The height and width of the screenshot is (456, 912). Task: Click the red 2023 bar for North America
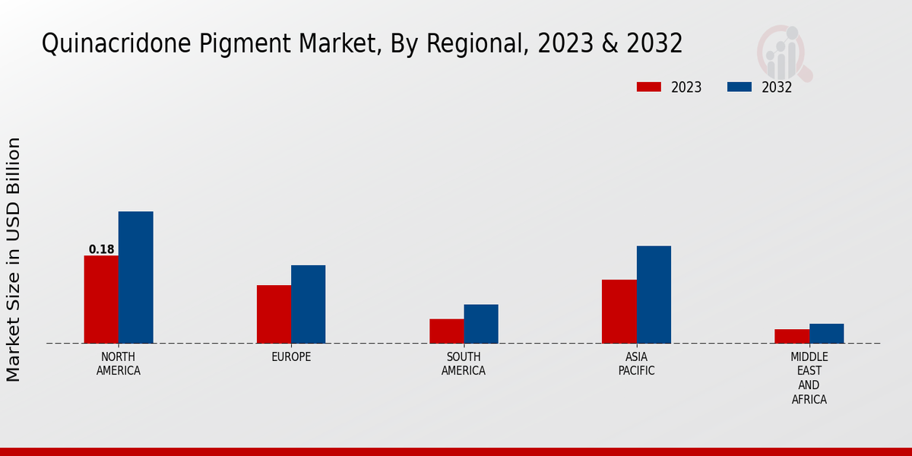[101, 299]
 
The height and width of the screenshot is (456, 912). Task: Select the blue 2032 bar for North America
[135, 277]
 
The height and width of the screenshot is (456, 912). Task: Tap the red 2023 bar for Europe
[274, 314]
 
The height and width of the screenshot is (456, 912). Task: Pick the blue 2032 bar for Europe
[308, 304]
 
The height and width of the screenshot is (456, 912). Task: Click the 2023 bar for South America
[446, 331]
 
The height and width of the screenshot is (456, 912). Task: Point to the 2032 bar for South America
[481, 324]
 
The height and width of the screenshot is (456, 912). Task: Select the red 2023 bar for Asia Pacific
[619, 312]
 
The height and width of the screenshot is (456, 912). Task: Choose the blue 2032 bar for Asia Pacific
[654, 294]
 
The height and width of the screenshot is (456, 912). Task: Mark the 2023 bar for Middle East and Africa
[792, 336]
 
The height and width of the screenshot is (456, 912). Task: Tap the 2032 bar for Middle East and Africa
[826, 334]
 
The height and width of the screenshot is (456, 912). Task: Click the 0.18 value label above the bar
[101, 249]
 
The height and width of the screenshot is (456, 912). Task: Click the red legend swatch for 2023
[648, 87]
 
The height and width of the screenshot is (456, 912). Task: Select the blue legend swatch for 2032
[739, 87]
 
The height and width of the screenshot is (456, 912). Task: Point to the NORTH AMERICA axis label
[119, 364]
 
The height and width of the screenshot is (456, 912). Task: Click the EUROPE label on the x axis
[291, 357]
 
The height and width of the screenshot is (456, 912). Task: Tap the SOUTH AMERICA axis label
[464, 364]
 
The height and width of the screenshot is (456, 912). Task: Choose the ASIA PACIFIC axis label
[636, 364]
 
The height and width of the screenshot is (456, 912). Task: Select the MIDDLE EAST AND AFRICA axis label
[809, 378]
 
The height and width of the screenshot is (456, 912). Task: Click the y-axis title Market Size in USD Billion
[14, 259]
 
